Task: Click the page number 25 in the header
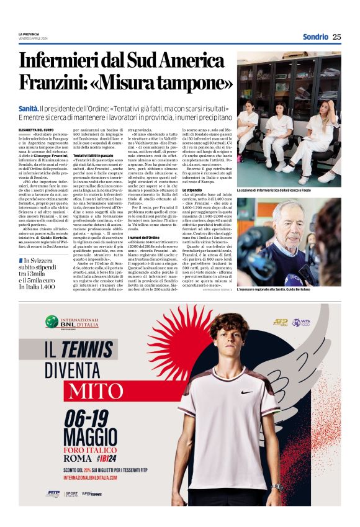[x=336, y=37]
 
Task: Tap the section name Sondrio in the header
[x=315, y=37]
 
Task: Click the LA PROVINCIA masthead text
[x=29, y=34]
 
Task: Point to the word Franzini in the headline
[x=51, y=82]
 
